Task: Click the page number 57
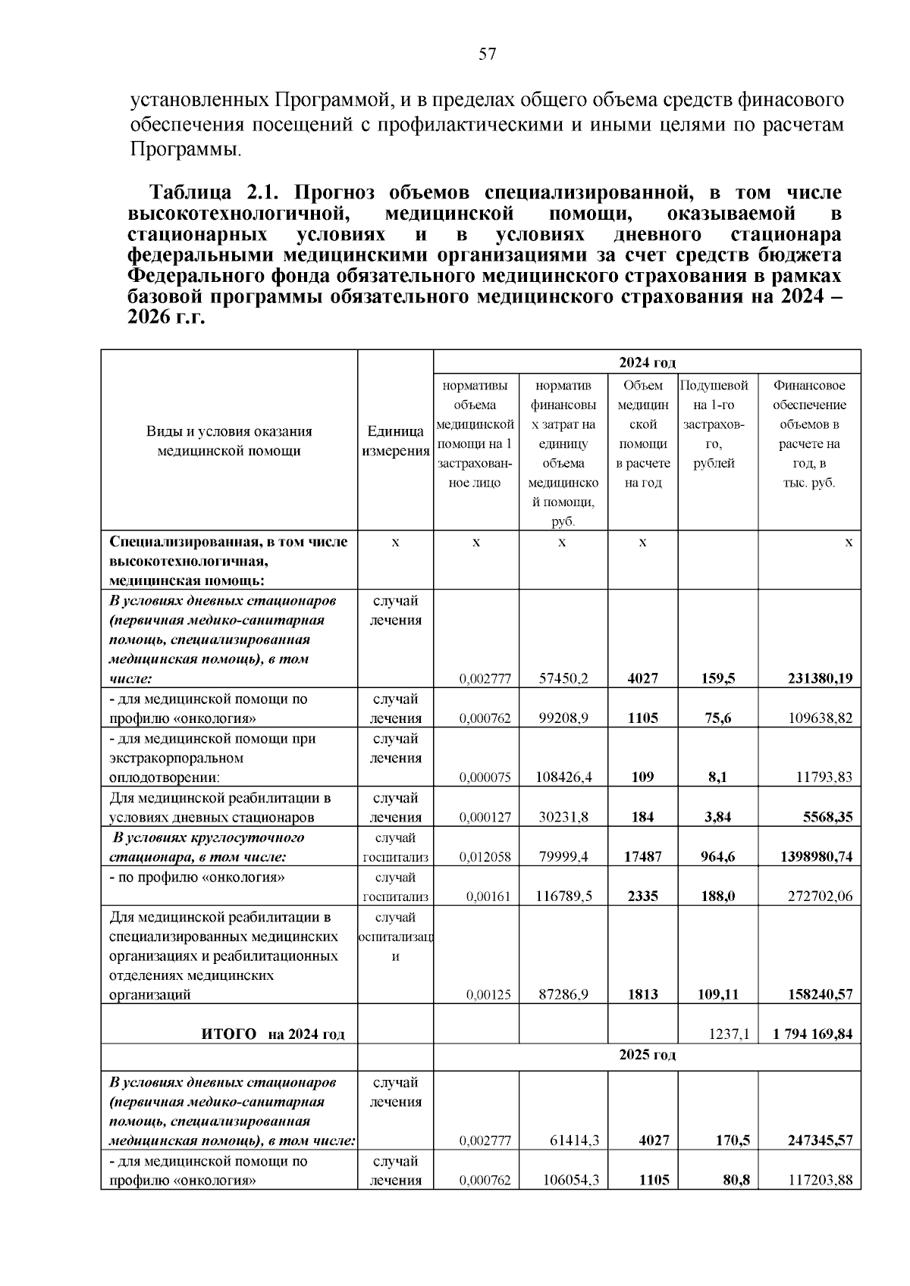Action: click(487, 54)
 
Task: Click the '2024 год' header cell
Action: click(647, 363)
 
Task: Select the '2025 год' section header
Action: click(647, 1055)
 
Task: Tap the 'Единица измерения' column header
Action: click(395, 441)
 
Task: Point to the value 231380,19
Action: click(809, 679)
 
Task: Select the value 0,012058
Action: click(485, 857)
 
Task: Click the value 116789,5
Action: click(564, 896)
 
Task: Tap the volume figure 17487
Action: click(642, 857)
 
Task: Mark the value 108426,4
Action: click(563, 778)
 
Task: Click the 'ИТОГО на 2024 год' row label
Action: click(272, 1034)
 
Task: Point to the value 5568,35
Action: click(826, 818)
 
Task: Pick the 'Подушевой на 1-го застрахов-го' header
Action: click(714, 424)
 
